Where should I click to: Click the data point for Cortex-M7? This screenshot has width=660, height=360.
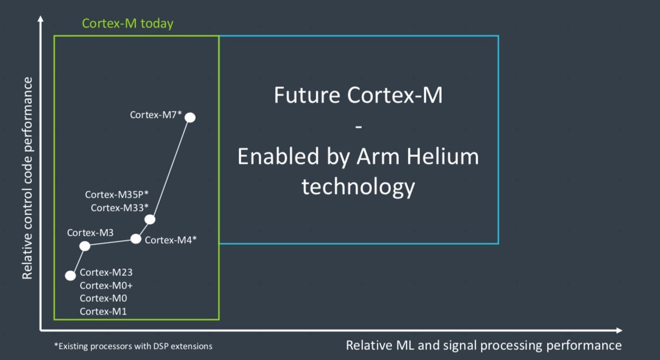(x=190, y=117)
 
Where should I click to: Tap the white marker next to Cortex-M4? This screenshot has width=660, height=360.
(x=136, y=239)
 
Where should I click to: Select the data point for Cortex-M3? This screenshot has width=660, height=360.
(x=85, y=246)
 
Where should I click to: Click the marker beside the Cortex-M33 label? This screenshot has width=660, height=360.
(x=150, y=219)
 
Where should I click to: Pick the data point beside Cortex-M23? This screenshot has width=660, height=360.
(x=70, y=275)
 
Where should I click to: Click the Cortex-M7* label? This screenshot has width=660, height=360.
(x=155, y=114)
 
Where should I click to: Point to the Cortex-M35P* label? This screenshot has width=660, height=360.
(x=117, y=195)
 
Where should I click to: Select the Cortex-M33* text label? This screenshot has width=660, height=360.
(x=120, y=208)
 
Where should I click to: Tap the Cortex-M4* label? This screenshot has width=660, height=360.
(x=171, y=240)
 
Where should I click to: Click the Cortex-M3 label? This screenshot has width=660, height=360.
(x=90, y=232)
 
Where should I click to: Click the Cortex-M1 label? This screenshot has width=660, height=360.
(x=103, y=311)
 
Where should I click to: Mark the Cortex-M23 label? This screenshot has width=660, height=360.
(x=106, y=273)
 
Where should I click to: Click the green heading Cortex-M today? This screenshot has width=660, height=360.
(x=127, y=24)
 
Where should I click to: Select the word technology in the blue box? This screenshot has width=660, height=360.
(x=358, y=187)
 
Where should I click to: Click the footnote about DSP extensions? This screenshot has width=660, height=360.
(x=133, y=346)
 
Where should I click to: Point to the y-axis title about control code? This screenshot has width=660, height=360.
(x=27, y=178)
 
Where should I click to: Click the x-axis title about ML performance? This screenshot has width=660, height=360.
(x=483, y=345)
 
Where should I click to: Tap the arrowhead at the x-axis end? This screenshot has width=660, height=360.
(x=619, y=330)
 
